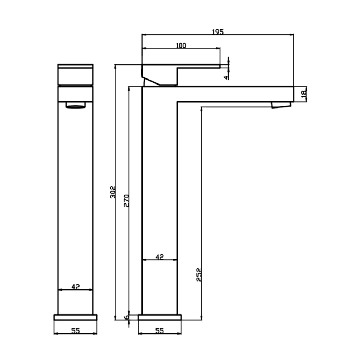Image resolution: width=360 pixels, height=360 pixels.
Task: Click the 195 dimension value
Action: point(217,32)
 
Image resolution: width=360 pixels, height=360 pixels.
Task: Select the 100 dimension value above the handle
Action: point(181,45)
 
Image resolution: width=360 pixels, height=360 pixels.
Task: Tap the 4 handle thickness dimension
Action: point(227,77)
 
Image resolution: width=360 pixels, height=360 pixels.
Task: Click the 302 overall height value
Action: point(113,192)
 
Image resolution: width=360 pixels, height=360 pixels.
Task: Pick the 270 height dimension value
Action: point(126,201)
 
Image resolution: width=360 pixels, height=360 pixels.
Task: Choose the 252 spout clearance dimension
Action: point(199,274)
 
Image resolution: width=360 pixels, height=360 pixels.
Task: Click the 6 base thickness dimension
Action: point(126,317)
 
